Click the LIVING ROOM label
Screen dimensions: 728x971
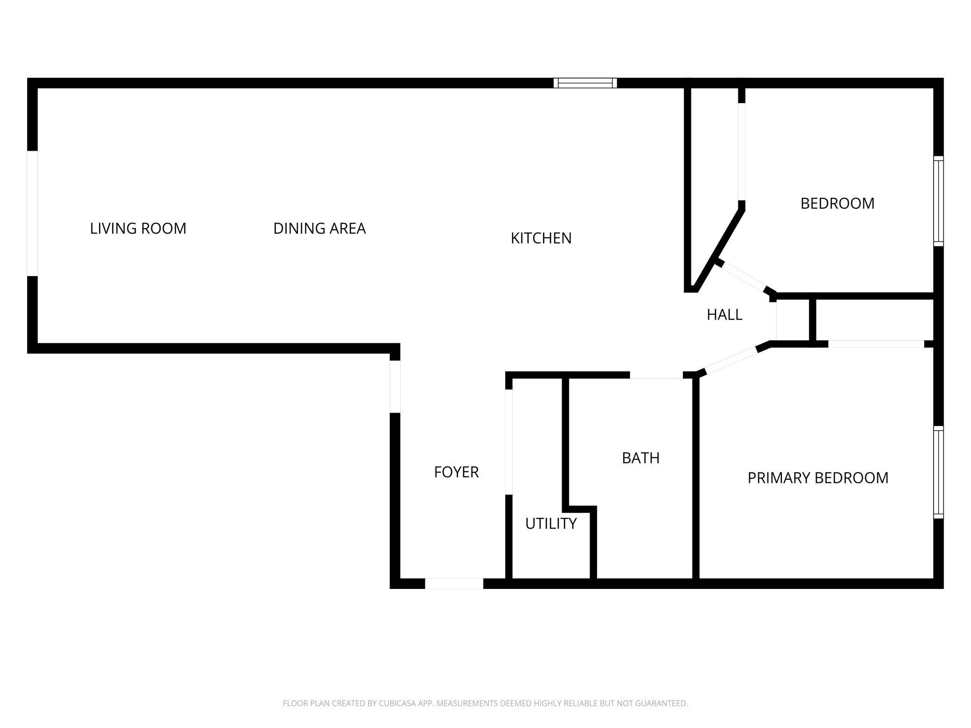(x=138, y=228)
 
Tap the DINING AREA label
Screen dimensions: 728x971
(x=319, y=228)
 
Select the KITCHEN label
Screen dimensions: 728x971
(x=541, y=238)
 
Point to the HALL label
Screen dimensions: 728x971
(x=725, y=315)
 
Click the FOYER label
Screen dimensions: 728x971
(x=456, y=472)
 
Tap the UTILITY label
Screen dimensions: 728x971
(x=551, y=524)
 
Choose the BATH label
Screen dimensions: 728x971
(x=640, y=458)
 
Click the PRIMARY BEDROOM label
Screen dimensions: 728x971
(x=818, y=478)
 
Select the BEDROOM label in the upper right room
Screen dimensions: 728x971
(x=837, y=203)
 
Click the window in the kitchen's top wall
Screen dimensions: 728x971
(x=585, y=83)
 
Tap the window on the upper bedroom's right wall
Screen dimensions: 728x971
(x=938, y=201)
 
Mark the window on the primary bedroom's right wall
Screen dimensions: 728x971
(x=938, y=472)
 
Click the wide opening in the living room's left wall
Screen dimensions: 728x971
(x=32, y=213)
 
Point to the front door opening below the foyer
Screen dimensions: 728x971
(x=454, y=583)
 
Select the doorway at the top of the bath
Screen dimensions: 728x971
(x=656, y=375)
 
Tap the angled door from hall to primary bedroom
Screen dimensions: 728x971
(x=731, y=361)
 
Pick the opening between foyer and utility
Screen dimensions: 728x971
(x=509, y=441)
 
